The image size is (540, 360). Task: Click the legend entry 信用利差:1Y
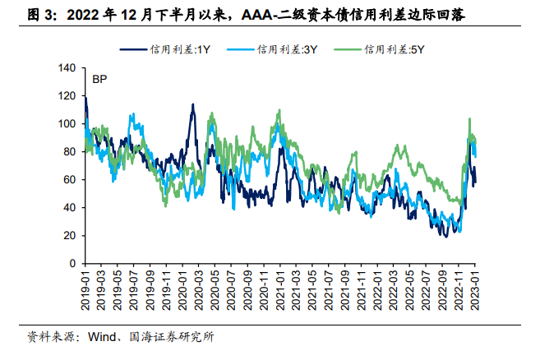pyautogui.click(x=169, y=50)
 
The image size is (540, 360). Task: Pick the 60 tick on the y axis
pyautogui.click(x=68, y=179)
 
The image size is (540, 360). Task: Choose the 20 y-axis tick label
pyautogui.click(x=68, y=235)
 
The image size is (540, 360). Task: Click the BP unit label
pyautogui.click(x=99, y=80)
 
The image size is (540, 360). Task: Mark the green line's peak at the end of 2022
pyautogui.click(x=469, y=119)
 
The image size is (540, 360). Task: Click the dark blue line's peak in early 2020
pyautogui.click(x=192, y=104)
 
